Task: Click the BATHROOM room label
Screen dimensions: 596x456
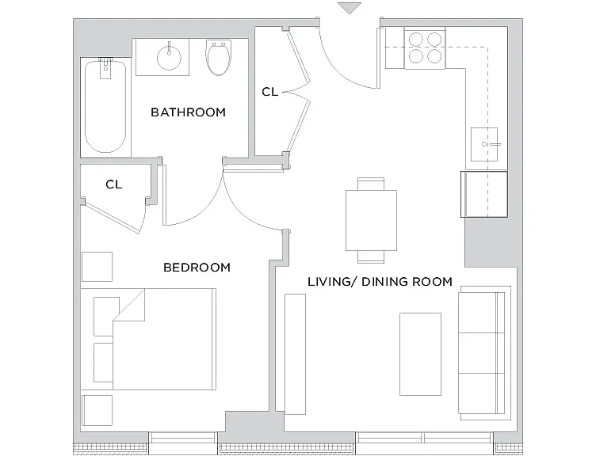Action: [188, 112]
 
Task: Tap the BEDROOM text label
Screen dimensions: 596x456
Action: [197, 268]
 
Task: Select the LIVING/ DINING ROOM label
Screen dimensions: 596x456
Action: [380, 282]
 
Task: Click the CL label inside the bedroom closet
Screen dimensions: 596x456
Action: [113, 184]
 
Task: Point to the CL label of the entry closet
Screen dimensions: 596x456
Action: [270, 92]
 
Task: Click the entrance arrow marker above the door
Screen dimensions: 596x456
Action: [350, 8]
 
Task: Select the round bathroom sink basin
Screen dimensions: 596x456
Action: [169, 57]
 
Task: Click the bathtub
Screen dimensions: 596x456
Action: [105, 107]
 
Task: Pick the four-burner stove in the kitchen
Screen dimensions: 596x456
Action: [425, 48]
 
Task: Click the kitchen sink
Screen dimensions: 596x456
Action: [484, 144]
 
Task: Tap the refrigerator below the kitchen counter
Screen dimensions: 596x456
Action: [484, 195]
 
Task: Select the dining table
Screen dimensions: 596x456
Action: [371, 221]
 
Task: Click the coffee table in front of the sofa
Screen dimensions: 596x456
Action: [420, 354]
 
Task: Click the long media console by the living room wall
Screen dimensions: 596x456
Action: [296, 354]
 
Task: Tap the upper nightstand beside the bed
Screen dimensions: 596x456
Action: [97, 267]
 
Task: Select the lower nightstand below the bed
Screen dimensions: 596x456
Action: [97, 410]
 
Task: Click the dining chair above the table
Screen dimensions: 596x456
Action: [371, 184]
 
